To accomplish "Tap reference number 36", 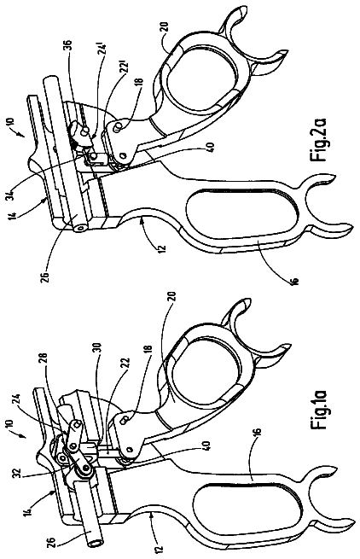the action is (67, 47).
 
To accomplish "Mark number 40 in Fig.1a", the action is (209, 445).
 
